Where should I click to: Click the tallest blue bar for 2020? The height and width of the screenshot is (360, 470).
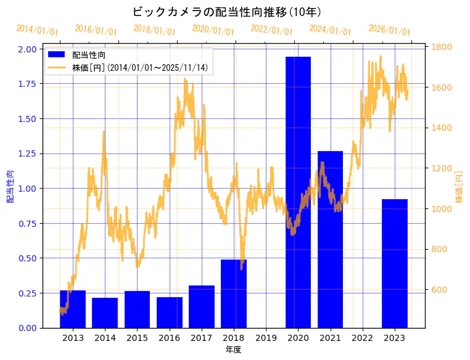pos(298,192)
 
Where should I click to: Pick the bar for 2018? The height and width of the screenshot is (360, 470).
pos(234,293)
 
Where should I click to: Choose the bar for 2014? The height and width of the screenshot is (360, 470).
pos(105,313)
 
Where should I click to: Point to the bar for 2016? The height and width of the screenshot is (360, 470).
pos(170,313)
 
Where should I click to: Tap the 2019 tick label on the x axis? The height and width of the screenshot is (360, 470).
pos(266,338)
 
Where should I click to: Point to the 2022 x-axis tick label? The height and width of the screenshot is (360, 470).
pos(362,338)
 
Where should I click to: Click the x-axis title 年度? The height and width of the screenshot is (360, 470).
pos(233,350)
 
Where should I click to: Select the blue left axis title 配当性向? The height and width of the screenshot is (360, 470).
pos(10,187)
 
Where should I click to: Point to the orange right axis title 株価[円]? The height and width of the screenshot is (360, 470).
pos(459,187)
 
